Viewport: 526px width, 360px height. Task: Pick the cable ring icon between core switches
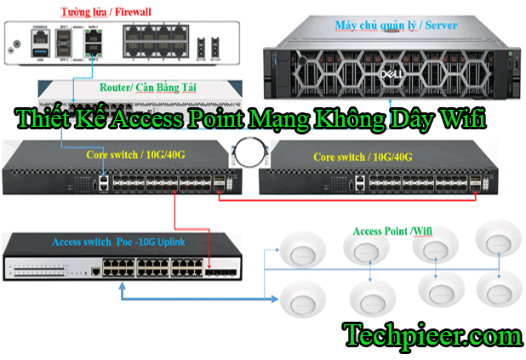pyautogui.click(x=249, y=156)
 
